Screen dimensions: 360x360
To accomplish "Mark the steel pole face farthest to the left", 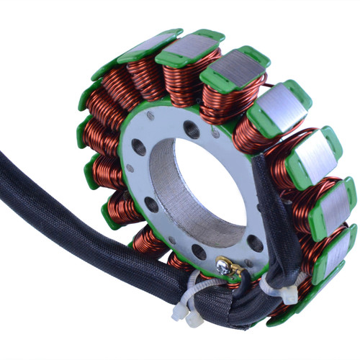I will click(149, 45).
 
